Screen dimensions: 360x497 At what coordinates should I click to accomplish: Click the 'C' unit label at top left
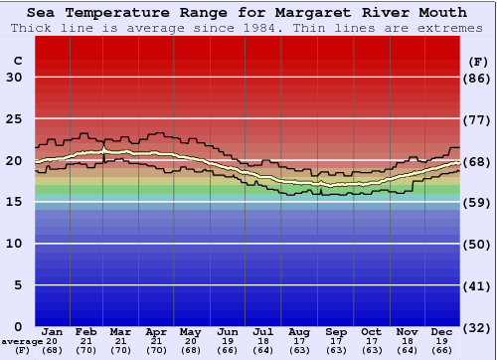[x=17, y=61]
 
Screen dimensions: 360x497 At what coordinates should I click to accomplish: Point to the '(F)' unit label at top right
[x=478, y=61]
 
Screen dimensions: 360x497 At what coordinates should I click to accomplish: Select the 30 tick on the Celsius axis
[x=15, y=78]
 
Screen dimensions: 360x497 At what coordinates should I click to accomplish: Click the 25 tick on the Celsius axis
[x=15, y=119]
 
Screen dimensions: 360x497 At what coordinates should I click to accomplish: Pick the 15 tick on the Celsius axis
[x=15, y=202]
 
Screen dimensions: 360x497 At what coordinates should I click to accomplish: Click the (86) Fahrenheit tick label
[x=478, y=78]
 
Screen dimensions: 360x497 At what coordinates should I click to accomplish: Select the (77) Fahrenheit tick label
[x=478, y=119]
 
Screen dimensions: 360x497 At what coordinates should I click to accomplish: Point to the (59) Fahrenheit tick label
[x=478, y=202]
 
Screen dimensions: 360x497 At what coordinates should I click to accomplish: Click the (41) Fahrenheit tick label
[x=478, y=285]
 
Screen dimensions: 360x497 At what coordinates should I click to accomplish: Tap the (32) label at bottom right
[x=478, y=326]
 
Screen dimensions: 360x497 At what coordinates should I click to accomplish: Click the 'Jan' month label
[x=53, y=331]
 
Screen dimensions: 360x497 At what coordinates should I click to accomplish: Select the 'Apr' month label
[x=157, y=331]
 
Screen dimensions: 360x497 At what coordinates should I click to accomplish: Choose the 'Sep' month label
[x=336, y=331]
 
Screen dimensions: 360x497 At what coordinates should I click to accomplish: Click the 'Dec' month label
[x=442, y=331]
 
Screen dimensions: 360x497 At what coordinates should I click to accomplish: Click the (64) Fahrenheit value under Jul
[x=264, y=350]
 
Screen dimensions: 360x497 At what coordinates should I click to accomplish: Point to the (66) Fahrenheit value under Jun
[x=229, y=350]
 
